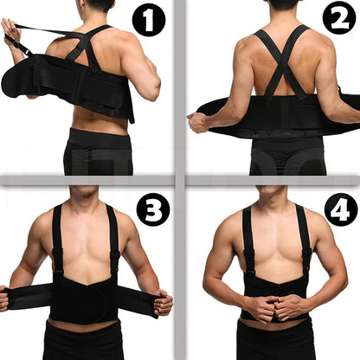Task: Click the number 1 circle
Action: (x=148, y=21)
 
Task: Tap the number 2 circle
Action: (x=338, y=18)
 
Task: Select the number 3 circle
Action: (x=153, y=209)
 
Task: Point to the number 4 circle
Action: (x=339, y=209)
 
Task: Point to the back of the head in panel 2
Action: (x=283, y=5)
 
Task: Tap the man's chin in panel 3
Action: (x=84, y=193)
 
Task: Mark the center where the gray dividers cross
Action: (x=180, y=181)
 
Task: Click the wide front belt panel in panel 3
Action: (x=85, y=299)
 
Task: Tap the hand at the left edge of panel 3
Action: (x=4, y=299)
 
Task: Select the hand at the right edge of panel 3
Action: (x=164, y=302)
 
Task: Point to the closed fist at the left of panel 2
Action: (x=198, y=123)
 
